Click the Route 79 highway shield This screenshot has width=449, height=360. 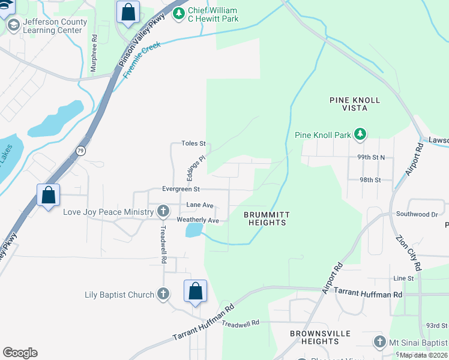[80, 151]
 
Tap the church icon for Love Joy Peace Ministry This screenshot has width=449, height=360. [163, 211]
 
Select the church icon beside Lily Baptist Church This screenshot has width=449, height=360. [163, 294]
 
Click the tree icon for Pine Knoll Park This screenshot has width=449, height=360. [360, 134]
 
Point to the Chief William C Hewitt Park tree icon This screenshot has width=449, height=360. [178, 14]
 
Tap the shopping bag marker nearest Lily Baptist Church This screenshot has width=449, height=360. [195, 292]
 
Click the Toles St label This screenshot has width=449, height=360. [194, 144]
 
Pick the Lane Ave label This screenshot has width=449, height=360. [200, 205]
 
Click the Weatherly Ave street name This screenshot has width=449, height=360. [197, 220]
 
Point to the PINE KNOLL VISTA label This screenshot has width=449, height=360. [355, 105]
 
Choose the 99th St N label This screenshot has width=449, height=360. [370, 157]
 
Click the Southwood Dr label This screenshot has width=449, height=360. [417, 214]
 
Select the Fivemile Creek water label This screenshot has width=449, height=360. [143, 61]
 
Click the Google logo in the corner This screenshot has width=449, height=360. [20, 353]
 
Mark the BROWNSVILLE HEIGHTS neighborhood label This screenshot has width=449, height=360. [315, 337]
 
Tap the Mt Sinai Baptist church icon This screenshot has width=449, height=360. [379, 342]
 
